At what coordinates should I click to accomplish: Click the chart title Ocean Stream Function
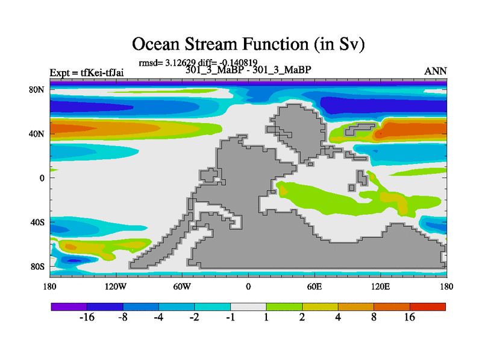[220, 44]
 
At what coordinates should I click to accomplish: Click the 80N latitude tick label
[37, 90]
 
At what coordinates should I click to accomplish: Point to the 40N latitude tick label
[37, 134]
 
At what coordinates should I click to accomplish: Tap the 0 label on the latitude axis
[42, 178]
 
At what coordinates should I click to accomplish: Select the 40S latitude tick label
[37, 222]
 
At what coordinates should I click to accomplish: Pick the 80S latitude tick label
[37, 267]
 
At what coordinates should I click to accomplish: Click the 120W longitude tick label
[116, 287]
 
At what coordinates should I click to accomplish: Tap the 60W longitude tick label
[182, 287]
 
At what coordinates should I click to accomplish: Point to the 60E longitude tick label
[315, 287]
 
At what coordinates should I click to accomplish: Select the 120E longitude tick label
[381, 287]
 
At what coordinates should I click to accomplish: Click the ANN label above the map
[436, 71]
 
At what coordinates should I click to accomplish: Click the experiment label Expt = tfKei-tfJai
[87, 73]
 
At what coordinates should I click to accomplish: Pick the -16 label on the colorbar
[87, 317]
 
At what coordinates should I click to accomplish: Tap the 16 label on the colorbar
[410, 317]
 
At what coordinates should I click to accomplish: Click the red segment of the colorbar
[428, 306]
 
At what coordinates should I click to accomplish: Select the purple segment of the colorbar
[69, 306]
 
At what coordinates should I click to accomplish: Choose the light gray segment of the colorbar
[248, 306]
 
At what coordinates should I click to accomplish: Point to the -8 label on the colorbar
[123, 317]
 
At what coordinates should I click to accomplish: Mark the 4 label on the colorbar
[338, 317]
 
